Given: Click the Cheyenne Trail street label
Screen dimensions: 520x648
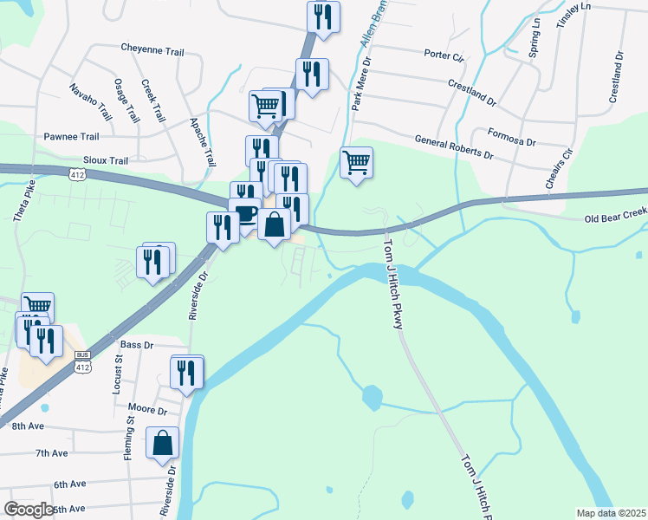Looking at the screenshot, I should point(152,49).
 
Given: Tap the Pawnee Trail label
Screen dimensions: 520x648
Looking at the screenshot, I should point(71,137).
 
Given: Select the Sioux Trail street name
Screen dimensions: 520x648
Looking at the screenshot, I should point(105,160).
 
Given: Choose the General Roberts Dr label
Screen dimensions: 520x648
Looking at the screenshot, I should point(453,147).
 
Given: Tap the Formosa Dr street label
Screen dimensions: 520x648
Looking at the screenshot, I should point(511,137).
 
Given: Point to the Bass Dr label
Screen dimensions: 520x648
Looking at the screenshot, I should point(137,345).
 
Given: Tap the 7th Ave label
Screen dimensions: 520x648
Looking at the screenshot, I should point(51,453).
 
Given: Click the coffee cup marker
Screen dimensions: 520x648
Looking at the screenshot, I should point(245,214).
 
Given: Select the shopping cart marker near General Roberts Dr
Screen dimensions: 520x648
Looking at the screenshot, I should point(357,162).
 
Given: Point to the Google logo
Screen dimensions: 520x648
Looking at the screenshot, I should point(29,510).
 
